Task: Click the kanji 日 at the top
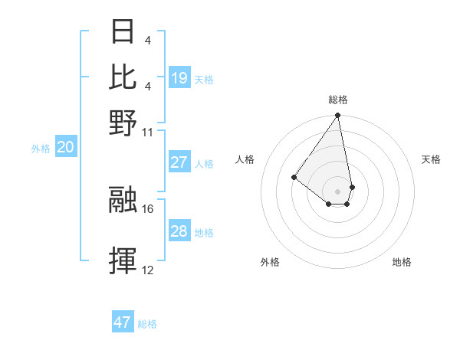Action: pyautogui.click(x=123, y=32)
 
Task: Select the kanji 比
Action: pyautogui.click(x=123, y=76)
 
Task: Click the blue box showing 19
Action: pyautogui.click(x=179, y=77)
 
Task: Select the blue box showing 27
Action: pyautogui.click(x=179, y=162)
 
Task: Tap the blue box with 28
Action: pyautogui.click(x=179, y=231)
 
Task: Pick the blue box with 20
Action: pyautogui.click(x=65, y=148)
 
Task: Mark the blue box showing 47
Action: pyautogui.click(x=123, y=322)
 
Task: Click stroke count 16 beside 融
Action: pyautogui.click(x=148, y=208)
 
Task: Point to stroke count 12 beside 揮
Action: pyautogui.click(x=148, y=270)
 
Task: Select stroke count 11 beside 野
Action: pyautogui.click(x=148, y=132)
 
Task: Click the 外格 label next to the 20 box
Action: pyautogui.click(x=41, y=149)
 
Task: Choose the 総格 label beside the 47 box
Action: pyautogui.click(x=147, y=324)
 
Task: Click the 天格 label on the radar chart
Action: pyautogui.click(x=431, y=159)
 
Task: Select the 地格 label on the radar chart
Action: pyautogui.click(x=402, y=262)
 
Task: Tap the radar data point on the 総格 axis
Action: pyautogui.click(x=337, y=116)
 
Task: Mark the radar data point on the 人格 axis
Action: pyautogui.click(x=294, y=177)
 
